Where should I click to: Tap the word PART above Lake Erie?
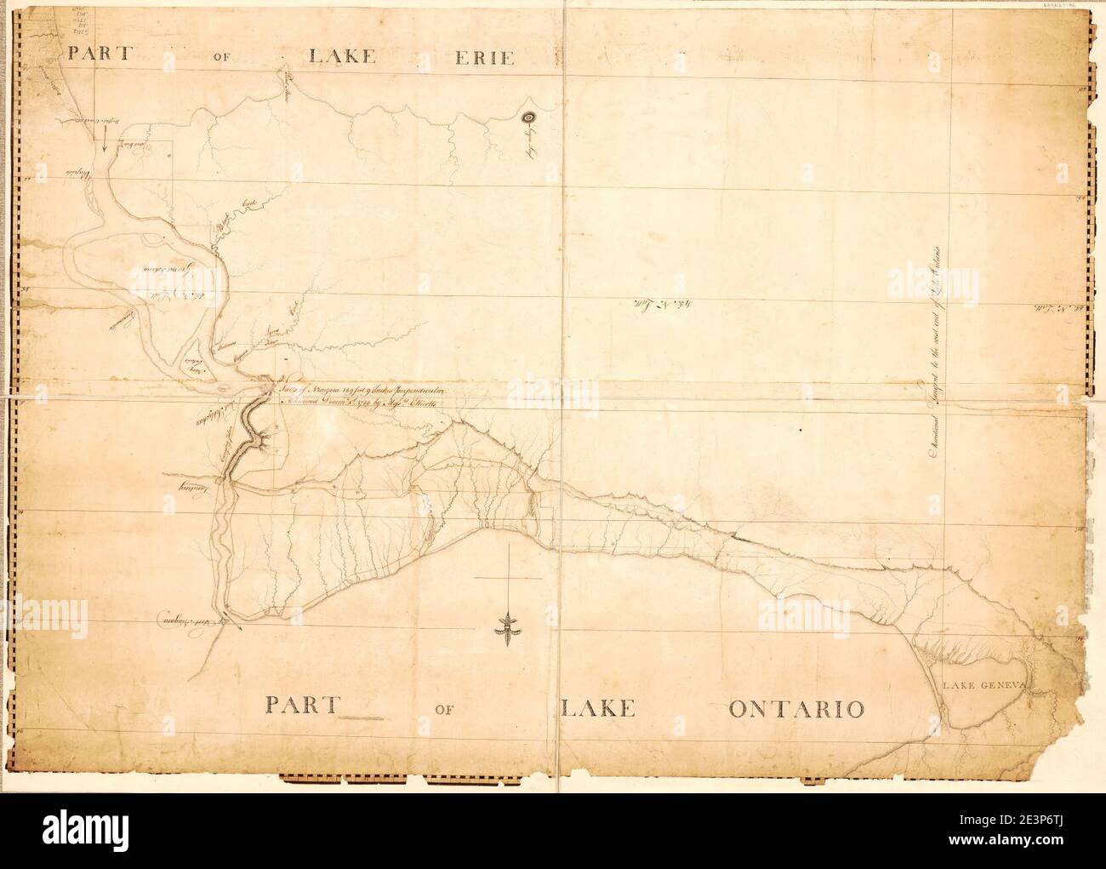(99, 52)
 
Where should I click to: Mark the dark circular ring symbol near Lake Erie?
(527, 118)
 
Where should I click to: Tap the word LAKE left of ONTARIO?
(596, 708)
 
